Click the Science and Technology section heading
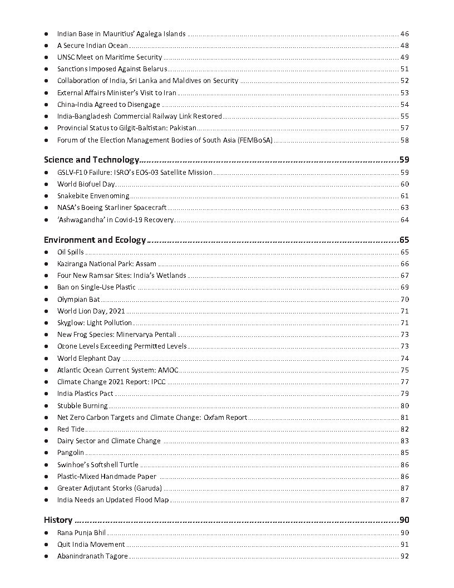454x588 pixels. point(91,160)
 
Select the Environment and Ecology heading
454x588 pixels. point(95,240)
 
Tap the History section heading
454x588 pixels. point(58,520)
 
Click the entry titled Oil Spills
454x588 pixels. point(71,252)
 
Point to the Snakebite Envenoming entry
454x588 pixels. point(93,196)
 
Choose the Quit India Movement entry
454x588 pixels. point(91,545)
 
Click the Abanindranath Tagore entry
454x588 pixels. point(92,556)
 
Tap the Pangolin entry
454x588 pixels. point(71,453)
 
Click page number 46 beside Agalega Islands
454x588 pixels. point(404,34)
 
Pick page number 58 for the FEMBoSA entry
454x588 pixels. point(404,140)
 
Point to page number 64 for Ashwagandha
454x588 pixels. point(404,220)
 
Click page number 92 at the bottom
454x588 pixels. point(404,556)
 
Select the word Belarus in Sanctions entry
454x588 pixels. point(155,69)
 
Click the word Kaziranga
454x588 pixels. point(73,264)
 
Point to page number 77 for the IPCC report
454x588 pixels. point(404,382)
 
